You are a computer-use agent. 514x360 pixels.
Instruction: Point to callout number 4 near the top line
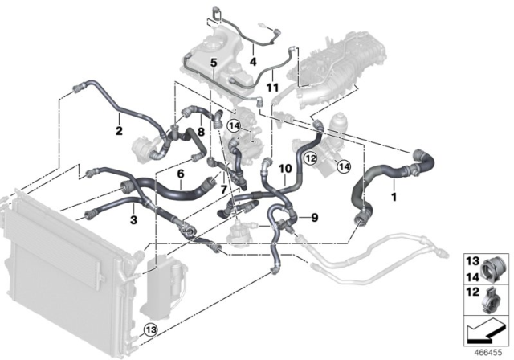[x=252, y=60]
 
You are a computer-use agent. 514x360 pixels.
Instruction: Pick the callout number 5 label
[x=213, y=63]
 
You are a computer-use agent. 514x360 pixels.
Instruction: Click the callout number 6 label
[x=181, y=174]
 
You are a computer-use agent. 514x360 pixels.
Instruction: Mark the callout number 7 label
[x=224, y=190]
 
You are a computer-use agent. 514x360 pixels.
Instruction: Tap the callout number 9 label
[x=314, y=217]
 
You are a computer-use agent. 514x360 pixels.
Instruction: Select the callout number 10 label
[x=284, y=169]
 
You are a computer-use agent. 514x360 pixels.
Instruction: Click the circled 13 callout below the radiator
[x=151, y=329]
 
